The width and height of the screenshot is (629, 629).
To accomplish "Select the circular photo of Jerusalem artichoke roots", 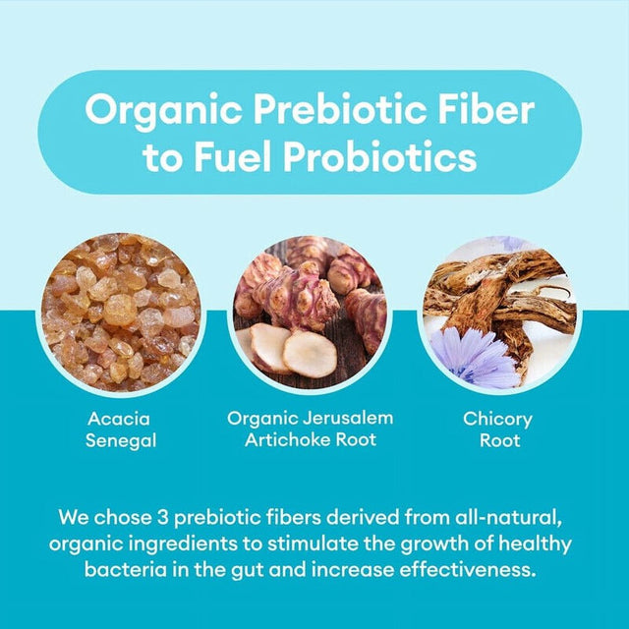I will click(310, 312).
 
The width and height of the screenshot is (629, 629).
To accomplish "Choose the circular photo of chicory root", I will click(499, 312).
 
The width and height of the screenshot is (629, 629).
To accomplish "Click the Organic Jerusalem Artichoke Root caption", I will click(310, 429).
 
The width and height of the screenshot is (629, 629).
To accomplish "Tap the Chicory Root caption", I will click(499, 429).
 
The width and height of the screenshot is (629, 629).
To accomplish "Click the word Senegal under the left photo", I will click(121, 441).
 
